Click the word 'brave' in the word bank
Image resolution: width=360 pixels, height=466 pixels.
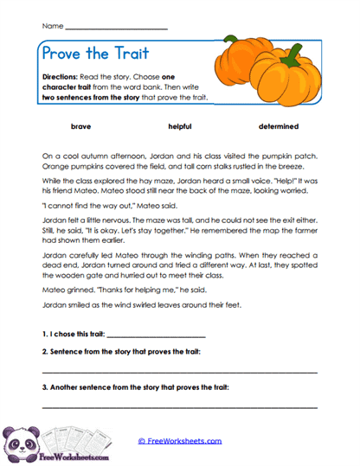point(80,126)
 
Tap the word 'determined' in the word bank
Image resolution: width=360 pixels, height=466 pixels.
point(278,126)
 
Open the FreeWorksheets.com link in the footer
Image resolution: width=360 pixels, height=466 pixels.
point(179,441)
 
